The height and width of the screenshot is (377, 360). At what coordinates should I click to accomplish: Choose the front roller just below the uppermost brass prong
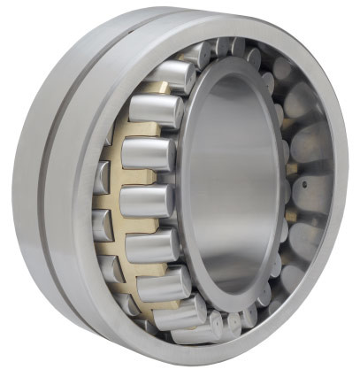pyautogui.click(x=155, y=111)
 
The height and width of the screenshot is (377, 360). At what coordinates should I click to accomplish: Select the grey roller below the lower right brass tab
pyautogui.click(x=301, y=239)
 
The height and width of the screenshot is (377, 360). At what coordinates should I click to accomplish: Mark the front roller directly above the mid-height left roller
pyautogui.click(x=148, y=154)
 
